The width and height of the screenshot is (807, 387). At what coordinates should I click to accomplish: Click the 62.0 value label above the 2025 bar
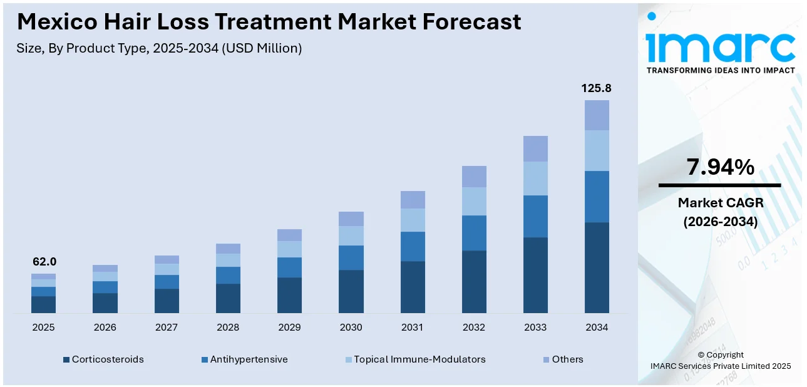[44, 262]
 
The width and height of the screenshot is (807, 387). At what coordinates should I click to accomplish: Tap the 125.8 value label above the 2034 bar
[596, 88]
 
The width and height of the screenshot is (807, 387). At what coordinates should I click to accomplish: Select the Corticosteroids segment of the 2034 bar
[597, 267]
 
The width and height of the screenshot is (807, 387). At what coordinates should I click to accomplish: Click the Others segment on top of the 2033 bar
[535, 148]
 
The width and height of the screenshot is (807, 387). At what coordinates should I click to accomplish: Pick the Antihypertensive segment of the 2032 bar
[474, 233]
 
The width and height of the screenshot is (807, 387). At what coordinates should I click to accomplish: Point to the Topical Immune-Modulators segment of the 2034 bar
[597, 150]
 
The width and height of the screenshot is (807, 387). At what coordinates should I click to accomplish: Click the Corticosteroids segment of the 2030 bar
[351, 291]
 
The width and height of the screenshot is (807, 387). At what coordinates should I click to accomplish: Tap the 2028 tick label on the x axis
[228, 328]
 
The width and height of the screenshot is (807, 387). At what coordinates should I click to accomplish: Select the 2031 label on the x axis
[413, 328]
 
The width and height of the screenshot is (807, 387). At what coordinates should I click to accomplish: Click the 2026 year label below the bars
[105, 328]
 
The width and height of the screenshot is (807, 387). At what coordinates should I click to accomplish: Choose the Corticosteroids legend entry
[103, 359]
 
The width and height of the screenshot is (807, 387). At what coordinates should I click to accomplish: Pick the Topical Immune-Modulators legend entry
[414, 359]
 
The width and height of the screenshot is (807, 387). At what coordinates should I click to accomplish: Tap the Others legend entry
[562, 359]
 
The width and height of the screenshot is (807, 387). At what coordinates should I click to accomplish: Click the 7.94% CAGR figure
[720, 167]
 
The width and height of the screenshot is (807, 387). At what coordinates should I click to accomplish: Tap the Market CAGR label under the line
[720, 203]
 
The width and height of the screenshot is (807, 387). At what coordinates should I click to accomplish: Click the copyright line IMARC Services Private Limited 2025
[720, 366]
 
